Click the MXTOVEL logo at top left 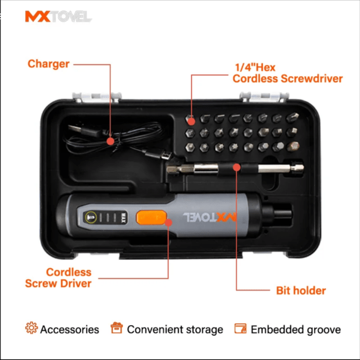[58, 17]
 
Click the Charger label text [48, 64]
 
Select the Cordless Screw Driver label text [59, 277]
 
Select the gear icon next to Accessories [31, 328]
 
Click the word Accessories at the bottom [69, 329]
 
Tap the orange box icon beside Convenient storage [117, 328]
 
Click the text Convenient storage [175, 329]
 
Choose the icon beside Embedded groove [240, 329]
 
